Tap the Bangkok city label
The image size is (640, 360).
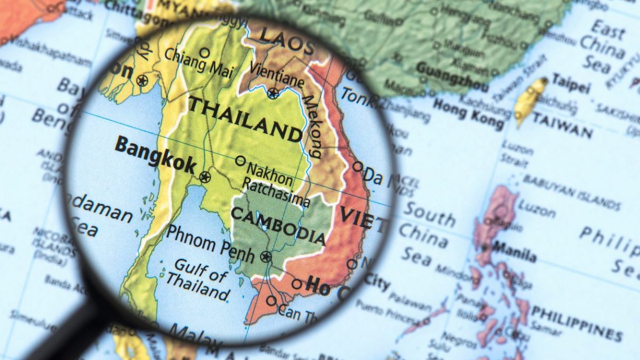[155, 154]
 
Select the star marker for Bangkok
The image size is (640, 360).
[205, 177]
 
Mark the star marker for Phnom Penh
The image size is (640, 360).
[266, 257]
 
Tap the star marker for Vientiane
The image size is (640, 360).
[273, 94]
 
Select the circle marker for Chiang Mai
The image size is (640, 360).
[205, 52]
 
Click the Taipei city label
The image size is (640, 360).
[571, 82]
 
